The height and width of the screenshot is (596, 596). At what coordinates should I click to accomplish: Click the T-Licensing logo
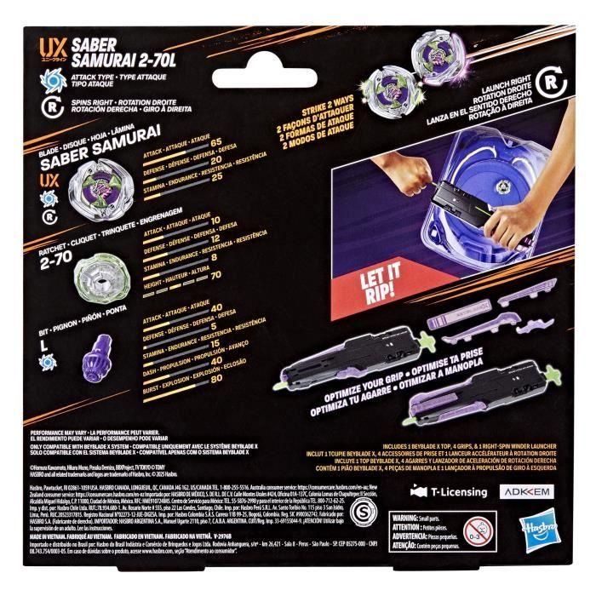450,492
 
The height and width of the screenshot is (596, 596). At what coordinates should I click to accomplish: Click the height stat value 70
216,275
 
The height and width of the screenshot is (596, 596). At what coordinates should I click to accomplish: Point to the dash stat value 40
216,353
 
